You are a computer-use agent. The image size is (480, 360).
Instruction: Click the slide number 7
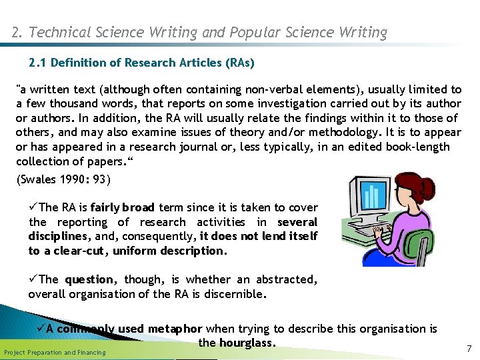click(x=469, y=349)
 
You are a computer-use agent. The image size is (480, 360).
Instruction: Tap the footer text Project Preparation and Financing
click(x=55, y=352)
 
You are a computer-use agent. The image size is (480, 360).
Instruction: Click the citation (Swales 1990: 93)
click(x=63, y=179)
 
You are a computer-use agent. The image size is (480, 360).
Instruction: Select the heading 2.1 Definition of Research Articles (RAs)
click(x=141, y=63)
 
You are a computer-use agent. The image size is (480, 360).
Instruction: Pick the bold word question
click(x=90, y=279)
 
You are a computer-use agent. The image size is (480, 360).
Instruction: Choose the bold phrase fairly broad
click(x=123, y=207)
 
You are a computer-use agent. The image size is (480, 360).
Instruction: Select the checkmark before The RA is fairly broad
click(x=34, y=207)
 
